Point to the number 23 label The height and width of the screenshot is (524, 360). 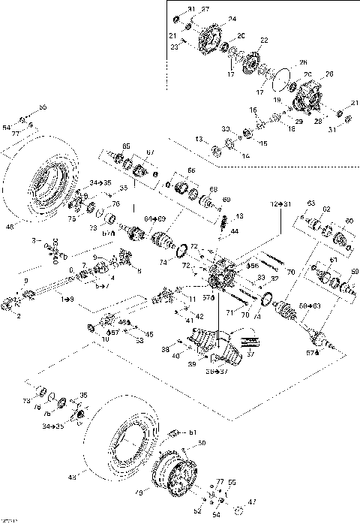tap(173, 47)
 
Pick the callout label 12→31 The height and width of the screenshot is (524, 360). tap(280, 203)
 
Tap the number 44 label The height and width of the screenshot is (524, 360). tap(234, 231)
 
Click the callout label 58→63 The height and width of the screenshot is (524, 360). tap(308, 306)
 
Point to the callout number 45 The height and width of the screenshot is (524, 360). tap(148, 334)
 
